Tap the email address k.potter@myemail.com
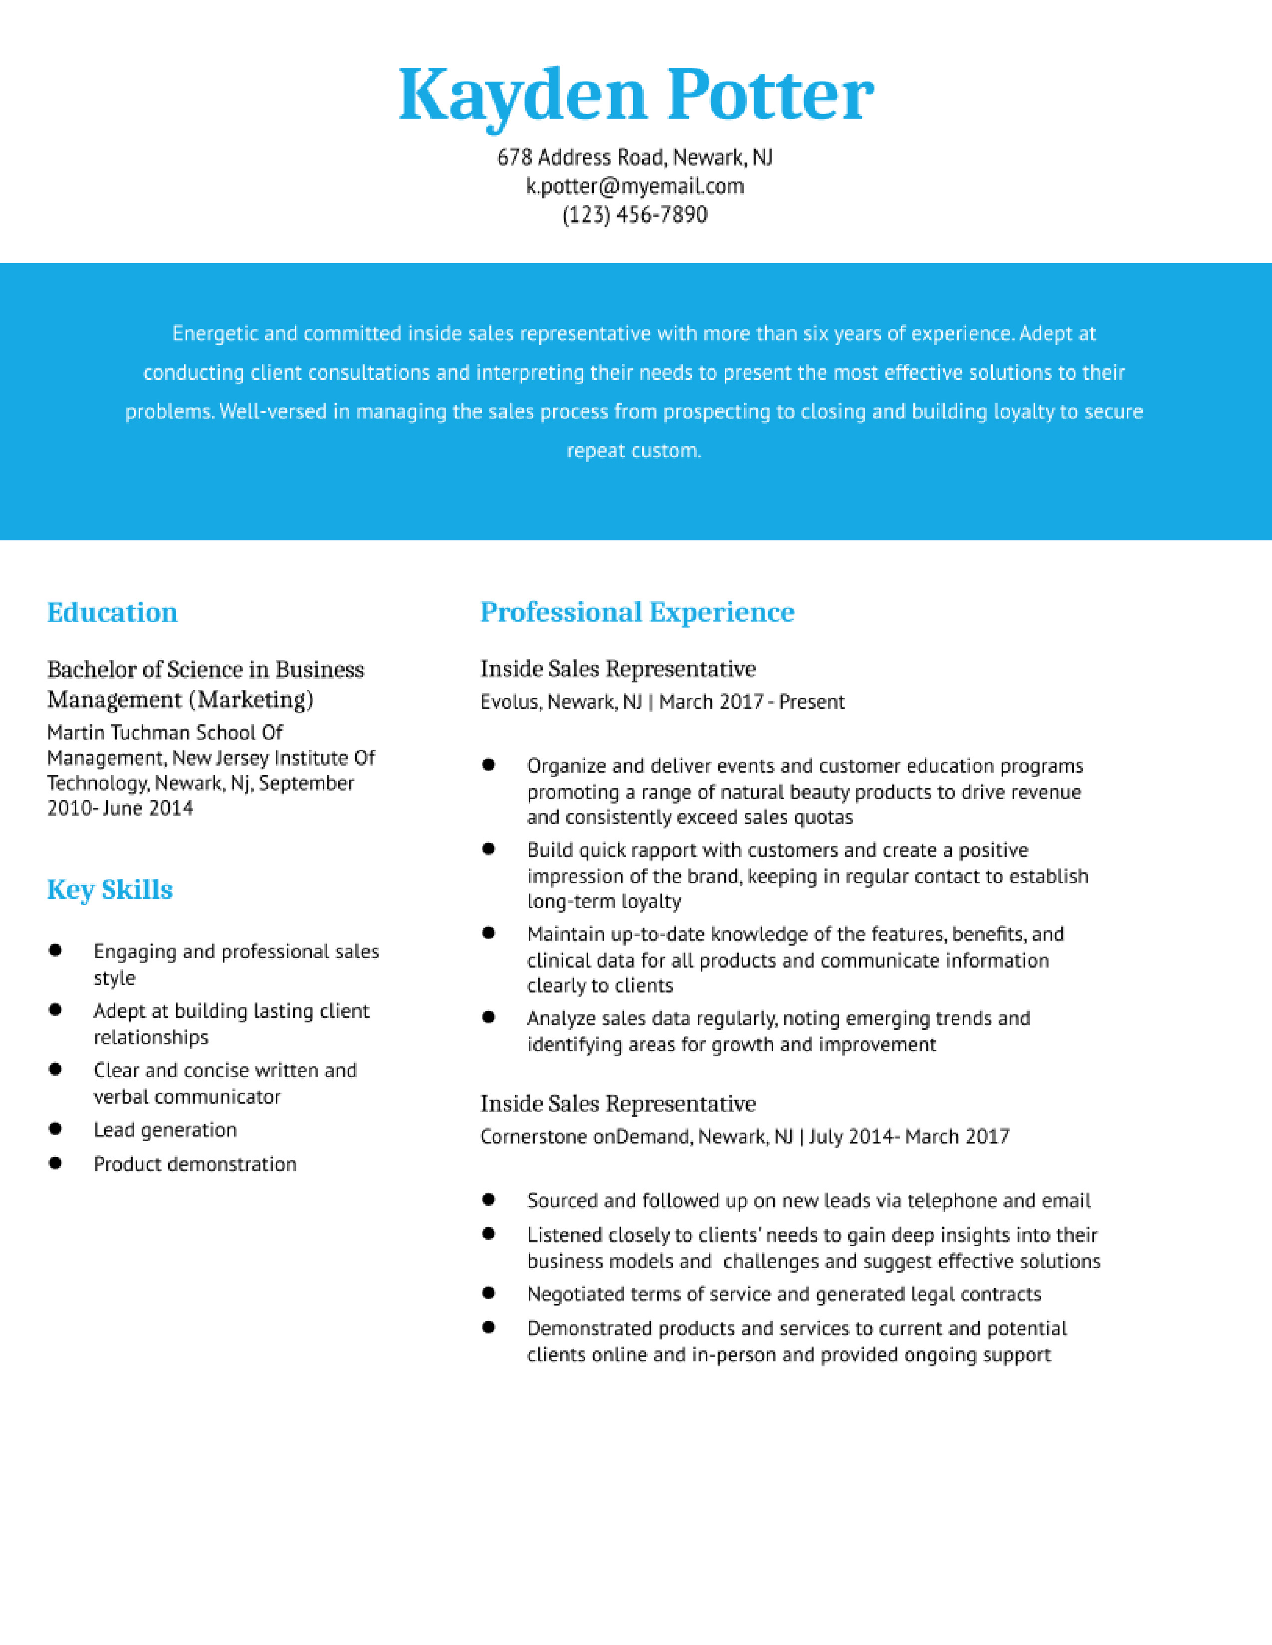tap(635, 186)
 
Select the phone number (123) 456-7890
tap(635, 215)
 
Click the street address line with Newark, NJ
tap(635, 158)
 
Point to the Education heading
tap(112, 612)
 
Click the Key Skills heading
tap(110, 889)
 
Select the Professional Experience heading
tap(637, 612)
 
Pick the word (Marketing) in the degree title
tap(251, 700)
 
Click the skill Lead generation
tap(165, 1130)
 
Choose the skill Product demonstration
tap(195, 1164)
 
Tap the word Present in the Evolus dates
tap(812, 702)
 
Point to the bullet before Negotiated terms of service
tap(489, 1293)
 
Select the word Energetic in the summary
tap(215, 333)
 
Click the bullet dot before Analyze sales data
tap(489, 1017)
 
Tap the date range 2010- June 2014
tap(121, 808)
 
